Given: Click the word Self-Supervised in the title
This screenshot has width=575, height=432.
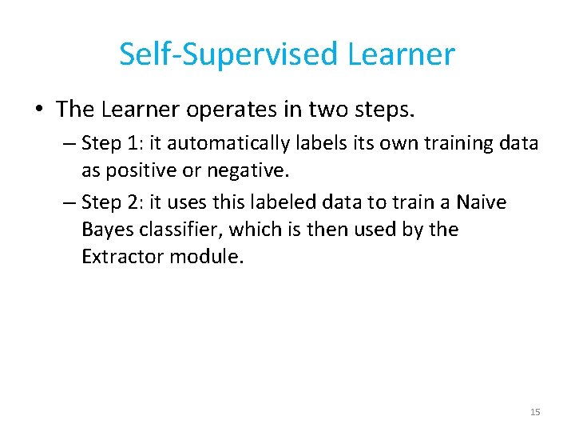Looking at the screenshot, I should (229, 54).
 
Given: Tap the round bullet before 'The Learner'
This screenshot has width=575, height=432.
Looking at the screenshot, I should (40, 109).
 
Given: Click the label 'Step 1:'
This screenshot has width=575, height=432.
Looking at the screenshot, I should (112, 143).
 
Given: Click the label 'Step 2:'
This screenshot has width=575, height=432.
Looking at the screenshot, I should (112, 203).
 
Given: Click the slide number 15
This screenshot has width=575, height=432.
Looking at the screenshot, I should (535, 412).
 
